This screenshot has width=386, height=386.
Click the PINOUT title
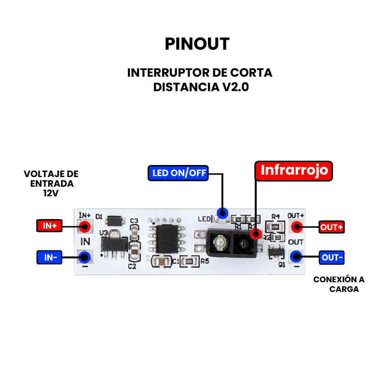(197, 43)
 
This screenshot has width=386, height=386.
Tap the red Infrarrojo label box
(294, 170)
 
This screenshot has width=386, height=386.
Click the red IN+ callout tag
(50, 226)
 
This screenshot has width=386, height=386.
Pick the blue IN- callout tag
(50, 258)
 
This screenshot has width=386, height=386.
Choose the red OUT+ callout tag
(332, 227)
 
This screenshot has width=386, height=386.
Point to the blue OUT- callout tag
(332, 258)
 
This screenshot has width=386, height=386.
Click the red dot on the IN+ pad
(85, 226)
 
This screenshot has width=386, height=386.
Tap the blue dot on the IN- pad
(85, 257)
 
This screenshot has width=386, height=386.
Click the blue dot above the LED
(222, 212)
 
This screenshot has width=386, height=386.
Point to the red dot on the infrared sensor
(256, 234)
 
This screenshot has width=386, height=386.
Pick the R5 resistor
(190, 262)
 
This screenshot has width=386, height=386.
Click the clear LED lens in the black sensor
(220, 241)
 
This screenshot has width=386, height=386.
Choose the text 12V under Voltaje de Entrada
(50, 192)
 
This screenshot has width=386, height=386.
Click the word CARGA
(344, 289)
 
